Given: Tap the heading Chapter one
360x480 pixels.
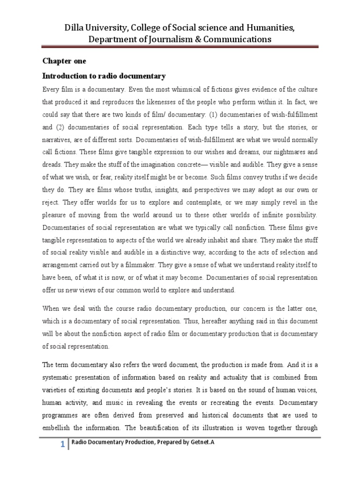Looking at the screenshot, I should [x=65, y=61].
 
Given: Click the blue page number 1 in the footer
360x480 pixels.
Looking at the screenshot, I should [x=62, y=445].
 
